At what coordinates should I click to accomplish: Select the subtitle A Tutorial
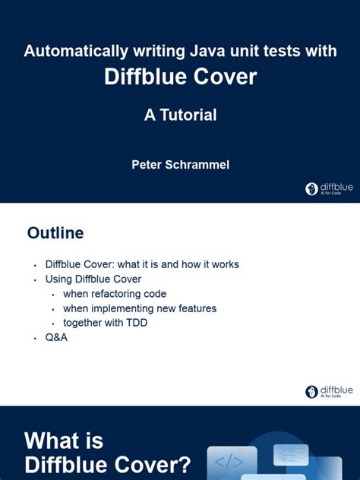180,115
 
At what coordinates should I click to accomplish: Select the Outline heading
55,233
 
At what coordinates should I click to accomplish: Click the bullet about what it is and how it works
142,264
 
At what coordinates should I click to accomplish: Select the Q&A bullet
56,337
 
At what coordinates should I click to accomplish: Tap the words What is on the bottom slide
64,441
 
